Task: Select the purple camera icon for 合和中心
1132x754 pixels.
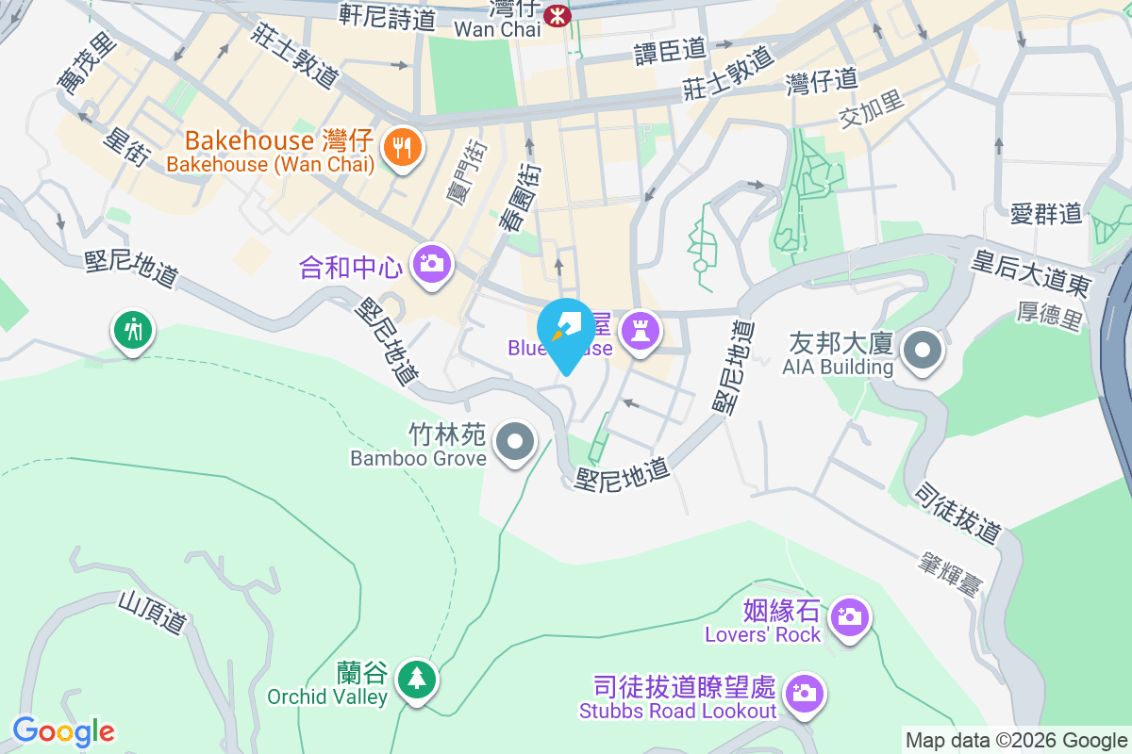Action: pyautogui.click(x=432, y=263)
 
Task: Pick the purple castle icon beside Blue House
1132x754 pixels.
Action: pyautogui.click(x=641, y=331)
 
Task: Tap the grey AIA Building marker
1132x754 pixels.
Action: pyautogui.click(x=923, y=351)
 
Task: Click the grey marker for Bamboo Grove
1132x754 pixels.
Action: pyautogui.click(x=515, y=442)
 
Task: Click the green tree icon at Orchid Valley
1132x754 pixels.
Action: pyautogui.click(x=415, y=679)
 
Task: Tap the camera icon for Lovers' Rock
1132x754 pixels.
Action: pyautogui.click(x=850, y=618)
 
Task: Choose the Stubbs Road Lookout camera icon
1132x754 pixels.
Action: pyautogui.click(x=804, y=694)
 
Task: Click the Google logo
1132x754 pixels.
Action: pyautogui.click(x=63, y=731)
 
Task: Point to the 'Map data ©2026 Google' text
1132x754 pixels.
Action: pyautogui.click(x=1016, y=741)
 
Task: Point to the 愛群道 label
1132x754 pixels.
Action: pyautogui.click(x=1045, y=214)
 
